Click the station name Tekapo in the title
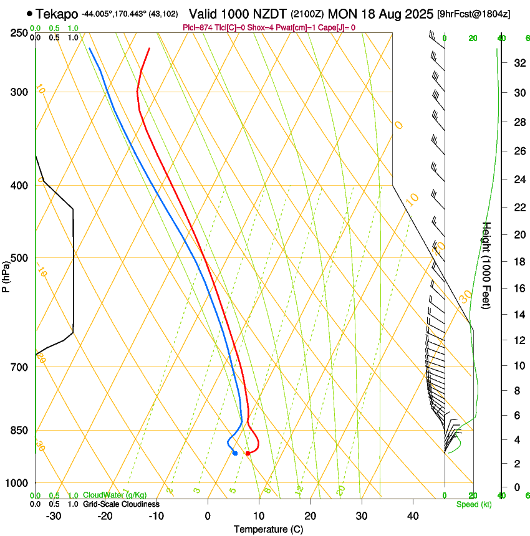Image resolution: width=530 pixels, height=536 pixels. pos(57,14)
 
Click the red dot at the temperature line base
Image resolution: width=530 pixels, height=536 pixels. pos(248,453)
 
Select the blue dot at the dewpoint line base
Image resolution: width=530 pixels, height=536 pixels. pos(235,453)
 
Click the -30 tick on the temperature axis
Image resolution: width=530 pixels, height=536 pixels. pos(54,516)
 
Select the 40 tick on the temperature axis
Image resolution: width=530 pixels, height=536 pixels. pos(413,516)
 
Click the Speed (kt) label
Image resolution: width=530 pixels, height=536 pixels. pos(473,504)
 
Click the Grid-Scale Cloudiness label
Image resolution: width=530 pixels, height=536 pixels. pos(121,504)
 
